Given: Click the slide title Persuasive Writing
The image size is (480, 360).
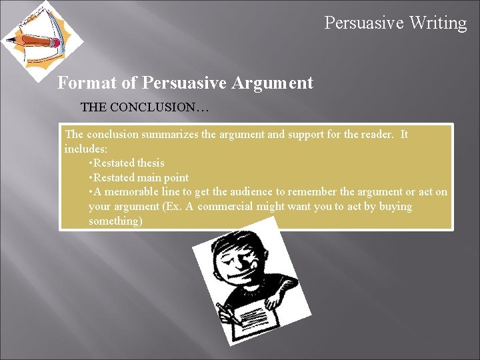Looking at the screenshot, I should pyautogui.click(x=395, y=23).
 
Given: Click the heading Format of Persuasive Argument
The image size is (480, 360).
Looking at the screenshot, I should pyautogui.click(x=185, y=83).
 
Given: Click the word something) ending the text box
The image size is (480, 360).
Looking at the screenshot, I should pyautogui.click(x=115, y=221).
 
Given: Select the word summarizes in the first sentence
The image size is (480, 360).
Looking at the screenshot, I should pyautogui.click(x=170, y=135).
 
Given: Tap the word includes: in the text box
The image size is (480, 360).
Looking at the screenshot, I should pyautogui.click(x=86, y=149).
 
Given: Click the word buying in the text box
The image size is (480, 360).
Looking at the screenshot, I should pyautogui.click(x=395, y=207).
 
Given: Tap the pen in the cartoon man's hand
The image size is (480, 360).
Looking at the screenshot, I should pyautogui.click(x=225, y=311).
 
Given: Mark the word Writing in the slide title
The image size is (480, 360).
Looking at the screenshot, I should pyautogui.click(x=438, y=23).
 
